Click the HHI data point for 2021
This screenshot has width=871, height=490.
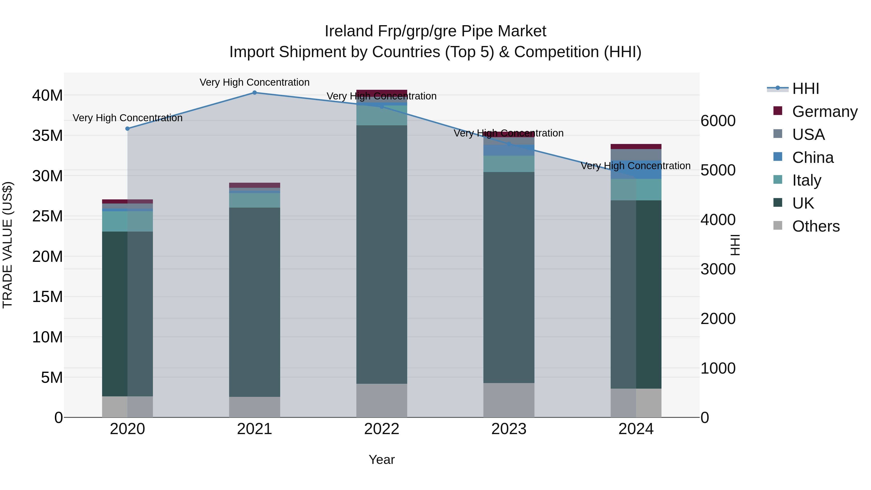[x=255, y=93]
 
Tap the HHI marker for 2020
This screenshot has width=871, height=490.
[x=128, y=129]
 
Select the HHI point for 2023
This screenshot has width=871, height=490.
[x=509, y=144]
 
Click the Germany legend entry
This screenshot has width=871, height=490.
[x=824, y=112]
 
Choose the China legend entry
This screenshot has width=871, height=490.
[x=812, y=158]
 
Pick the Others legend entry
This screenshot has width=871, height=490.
[x=816, y=226]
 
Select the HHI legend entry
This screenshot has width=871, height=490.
[x=805, y=89]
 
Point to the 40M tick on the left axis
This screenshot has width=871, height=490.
[x=47, y=95]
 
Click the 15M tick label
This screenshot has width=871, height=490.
[x=47, y=297]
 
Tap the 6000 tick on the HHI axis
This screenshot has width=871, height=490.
[x=718, y=121]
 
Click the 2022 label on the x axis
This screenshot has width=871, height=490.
[x=382, y=429]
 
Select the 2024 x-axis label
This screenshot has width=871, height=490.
[x=636, y=429]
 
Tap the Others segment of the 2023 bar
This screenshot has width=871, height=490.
[x=509, y=400]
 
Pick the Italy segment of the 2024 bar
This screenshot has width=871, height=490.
[x=636, y=190]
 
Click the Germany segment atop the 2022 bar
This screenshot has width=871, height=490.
[x=382, y=93]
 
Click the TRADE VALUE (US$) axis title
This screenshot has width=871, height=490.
[x=8, y=245]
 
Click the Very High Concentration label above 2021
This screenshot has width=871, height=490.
[x=255, y=82]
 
